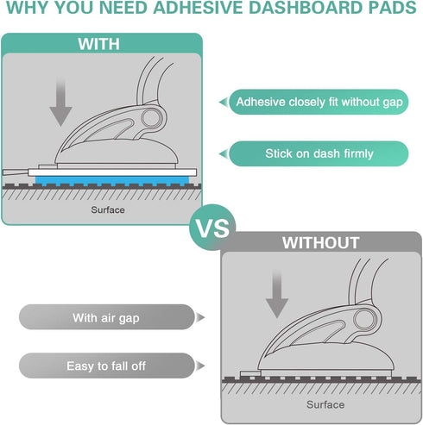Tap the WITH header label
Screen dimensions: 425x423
(x=99, y=44)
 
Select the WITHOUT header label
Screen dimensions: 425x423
(x=321, y=243)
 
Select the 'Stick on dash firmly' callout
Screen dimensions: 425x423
(x=319, y=153)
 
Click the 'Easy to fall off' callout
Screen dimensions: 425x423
(x=105, y=366)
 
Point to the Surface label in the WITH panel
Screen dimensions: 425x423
(x=108, y=209)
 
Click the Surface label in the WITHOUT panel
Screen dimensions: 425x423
(x=325, y=404)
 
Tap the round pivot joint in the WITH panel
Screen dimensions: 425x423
(x=152, y=119)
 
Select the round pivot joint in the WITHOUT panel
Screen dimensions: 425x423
(x=369, y=318)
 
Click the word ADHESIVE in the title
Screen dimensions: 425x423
(x=183, y=11)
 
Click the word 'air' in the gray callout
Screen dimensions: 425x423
(x=112, y=318)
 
